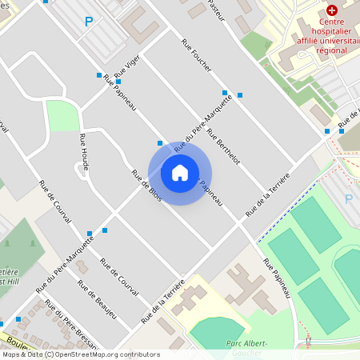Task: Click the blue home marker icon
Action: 180,173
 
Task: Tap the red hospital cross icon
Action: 331,10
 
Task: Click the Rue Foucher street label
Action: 196,55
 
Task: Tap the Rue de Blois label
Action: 146,186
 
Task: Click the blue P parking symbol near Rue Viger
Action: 88,22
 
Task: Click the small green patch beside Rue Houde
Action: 62,116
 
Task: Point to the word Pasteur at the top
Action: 216,8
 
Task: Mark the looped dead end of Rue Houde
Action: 80,166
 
